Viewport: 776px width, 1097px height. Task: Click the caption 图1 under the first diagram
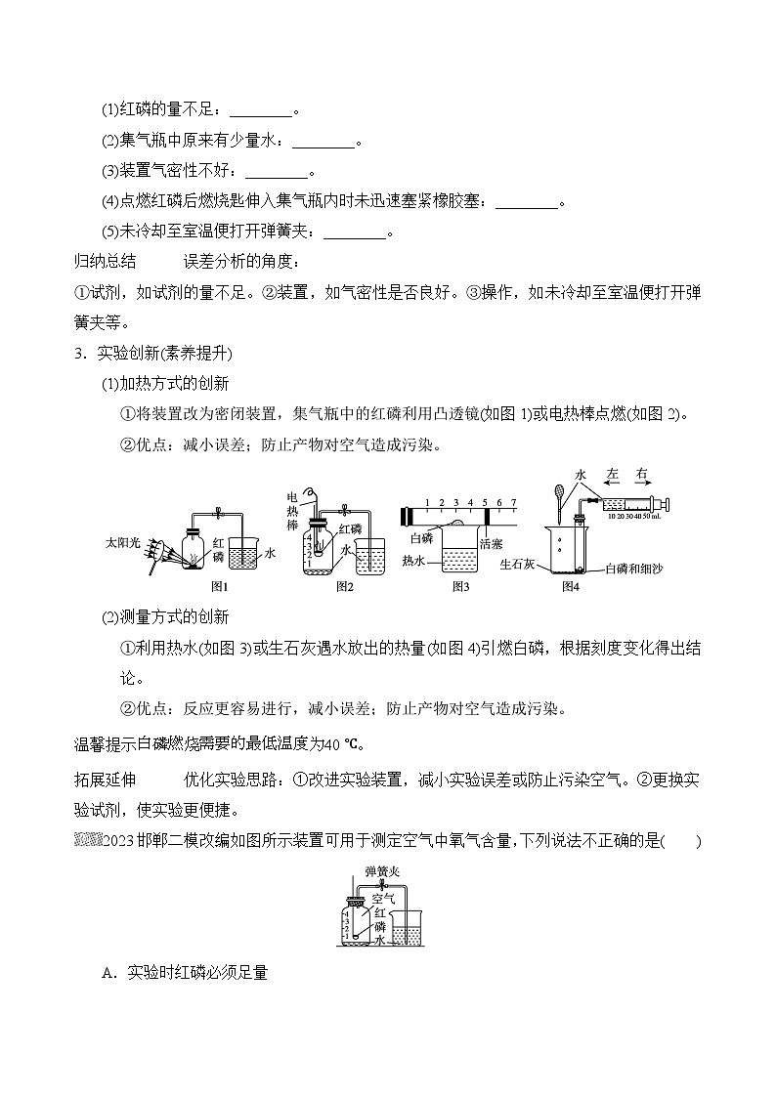pos(219,586)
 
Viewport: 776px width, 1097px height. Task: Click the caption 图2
pos(344,586)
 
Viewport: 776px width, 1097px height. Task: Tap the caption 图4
pos(571,586)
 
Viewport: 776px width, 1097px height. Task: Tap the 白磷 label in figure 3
pos(421,537)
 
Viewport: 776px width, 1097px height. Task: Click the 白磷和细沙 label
pos(634,569)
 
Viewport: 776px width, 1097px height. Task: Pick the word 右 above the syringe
pos(641,473)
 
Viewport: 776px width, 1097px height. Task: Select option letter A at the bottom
pos(108,972)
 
